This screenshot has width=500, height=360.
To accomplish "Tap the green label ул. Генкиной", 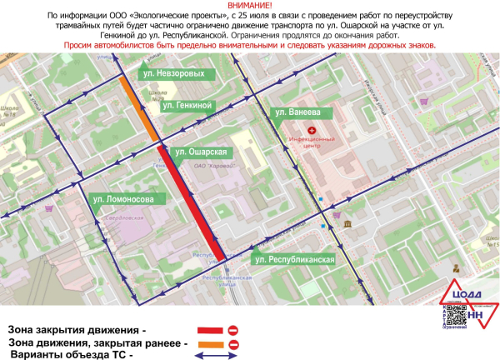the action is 189,105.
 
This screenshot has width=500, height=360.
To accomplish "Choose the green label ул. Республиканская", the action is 294,260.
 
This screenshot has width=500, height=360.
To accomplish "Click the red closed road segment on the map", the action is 192,201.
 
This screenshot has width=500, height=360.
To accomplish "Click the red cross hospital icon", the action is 312,131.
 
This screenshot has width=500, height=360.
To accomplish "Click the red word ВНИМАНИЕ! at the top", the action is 249,6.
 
